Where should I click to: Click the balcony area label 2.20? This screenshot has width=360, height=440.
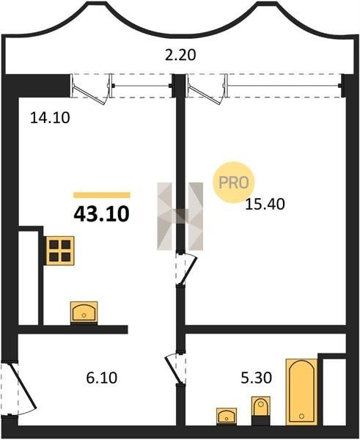[180, 55]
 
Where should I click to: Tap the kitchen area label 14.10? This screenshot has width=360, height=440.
[50, 117]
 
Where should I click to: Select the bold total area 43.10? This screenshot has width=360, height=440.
[101, 214]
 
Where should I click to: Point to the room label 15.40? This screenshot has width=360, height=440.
[265, 204]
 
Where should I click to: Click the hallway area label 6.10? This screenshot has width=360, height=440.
[102, 378]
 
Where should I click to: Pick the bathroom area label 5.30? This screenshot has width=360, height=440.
[256, 378]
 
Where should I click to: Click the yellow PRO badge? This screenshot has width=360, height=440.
[233, 183]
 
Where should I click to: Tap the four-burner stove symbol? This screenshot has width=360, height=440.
[60, 251]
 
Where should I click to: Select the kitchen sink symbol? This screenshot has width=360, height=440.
[84, 313]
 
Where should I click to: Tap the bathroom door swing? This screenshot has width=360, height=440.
[174, 368]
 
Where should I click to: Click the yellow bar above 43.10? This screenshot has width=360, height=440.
[102, 195]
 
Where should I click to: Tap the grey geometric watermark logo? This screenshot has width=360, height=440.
[180, 216]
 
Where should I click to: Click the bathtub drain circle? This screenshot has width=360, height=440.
[301, 416]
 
